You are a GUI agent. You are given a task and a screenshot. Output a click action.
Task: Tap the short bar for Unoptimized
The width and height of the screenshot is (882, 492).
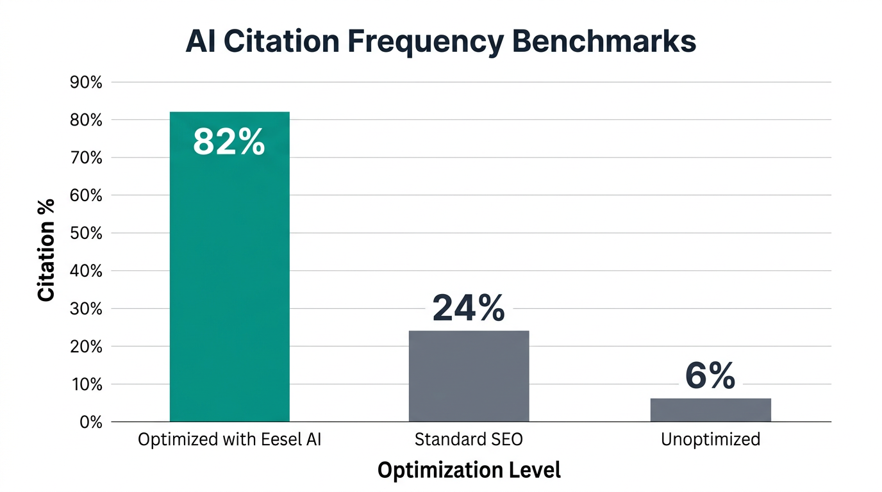click(x=710, y=410)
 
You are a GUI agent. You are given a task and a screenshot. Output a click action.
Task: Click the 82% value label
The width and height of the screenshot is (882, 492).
click(x=229, y=142)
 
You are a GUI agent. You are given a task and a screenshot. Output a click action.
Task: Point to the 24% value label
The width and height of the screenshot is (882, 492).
click(x=469, y=307)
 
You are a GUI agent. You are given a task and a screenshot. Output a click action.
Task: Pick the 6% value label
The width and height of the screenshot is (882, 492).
click(x=710, y=375)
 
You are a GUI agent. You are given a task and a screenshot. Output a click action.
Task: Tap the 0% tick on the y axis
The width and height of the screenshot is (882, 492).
click(x=91, y=422)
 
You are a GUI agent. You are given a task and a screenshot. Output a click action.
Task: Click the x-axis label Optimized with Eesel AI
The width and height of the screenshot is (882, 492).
click(x=229, y=440)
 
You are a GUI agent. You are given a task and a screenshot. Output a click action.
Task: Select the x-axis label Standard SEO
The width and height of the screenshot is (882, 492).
click(x=469, y=440)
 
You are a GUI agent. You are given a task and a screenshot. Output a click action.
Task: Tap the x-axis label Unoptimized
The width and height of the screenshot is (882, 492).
click(x=710, y=440)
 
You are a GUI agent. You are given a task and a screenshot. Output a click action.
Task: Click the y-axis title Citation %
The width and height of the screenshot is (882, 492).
click(x=46, y=250)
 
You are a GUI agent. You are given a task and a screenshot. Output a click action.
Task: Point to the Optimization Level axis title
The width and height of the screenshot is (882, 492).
click(x=469, y=470)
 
